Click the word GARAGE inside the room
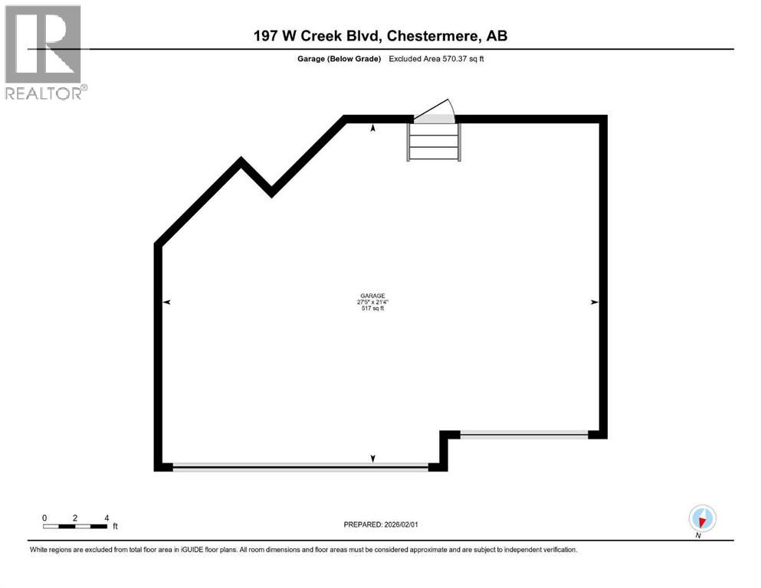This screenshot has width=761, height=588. (372, 296)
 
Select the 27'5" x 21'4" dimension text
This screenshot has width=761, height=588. (372, 302)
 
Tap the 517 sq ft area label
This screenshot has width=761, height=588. (372, 309)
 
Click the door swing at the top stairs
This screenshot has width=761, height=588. (438, 112)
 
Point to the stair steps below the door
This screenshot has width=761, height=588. (434, 142)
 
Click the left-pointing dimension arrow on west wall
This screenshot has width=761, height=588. (166, 303)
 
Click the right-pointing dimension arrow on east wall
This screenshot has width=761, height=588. (594, 303)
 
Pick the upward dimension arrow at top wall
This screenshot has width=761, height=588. (373, 129)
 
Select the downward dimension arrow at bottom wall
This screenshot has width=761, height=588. (373, 459)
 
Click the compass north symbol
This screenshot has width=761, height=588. (702, 518)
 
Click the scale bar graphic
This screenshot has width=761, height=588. (75, 526)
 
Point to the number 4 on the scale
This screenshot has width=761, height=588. (107, 518)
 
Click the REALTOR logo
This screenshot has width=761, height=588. (44, 52)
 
